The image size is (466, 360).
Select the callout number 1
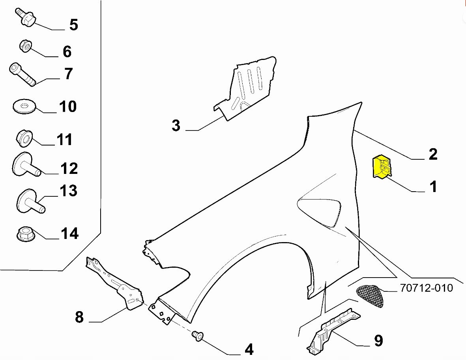pyautogui.click(x=433, y=186)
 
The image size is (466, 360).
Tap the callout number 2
pyautogui.click(x=433, y=154)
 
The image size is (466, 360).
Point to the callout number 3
pyautogui.click(x=176, y=126)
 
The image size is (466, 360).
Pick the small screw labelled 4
pyautogui.click(x=197, y=336)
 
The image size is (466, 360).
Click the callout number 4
pyautogui.click(x=249, y=349)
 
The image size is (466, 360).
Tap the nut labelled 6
pyautogui.click(x=26, y=47)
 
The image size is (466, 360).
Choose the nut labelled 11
pyautogui.click(x=24, y=138)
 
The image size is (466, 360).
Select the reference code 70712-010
pyautogui.click(x=426, y=288)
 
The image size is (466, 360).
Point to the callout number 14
pyautogui.click(x=69, y=233)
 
